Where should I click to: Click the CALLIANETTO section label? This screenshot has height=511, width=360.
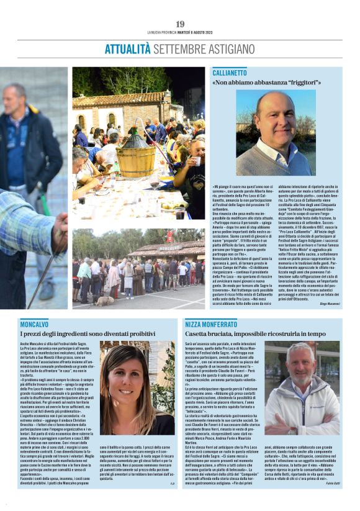pyautogui.click(x=230, y=73)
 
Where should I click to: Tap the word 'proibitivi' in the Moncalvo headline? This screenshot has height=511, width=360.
pyautogui.click(x=138, y=333)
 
